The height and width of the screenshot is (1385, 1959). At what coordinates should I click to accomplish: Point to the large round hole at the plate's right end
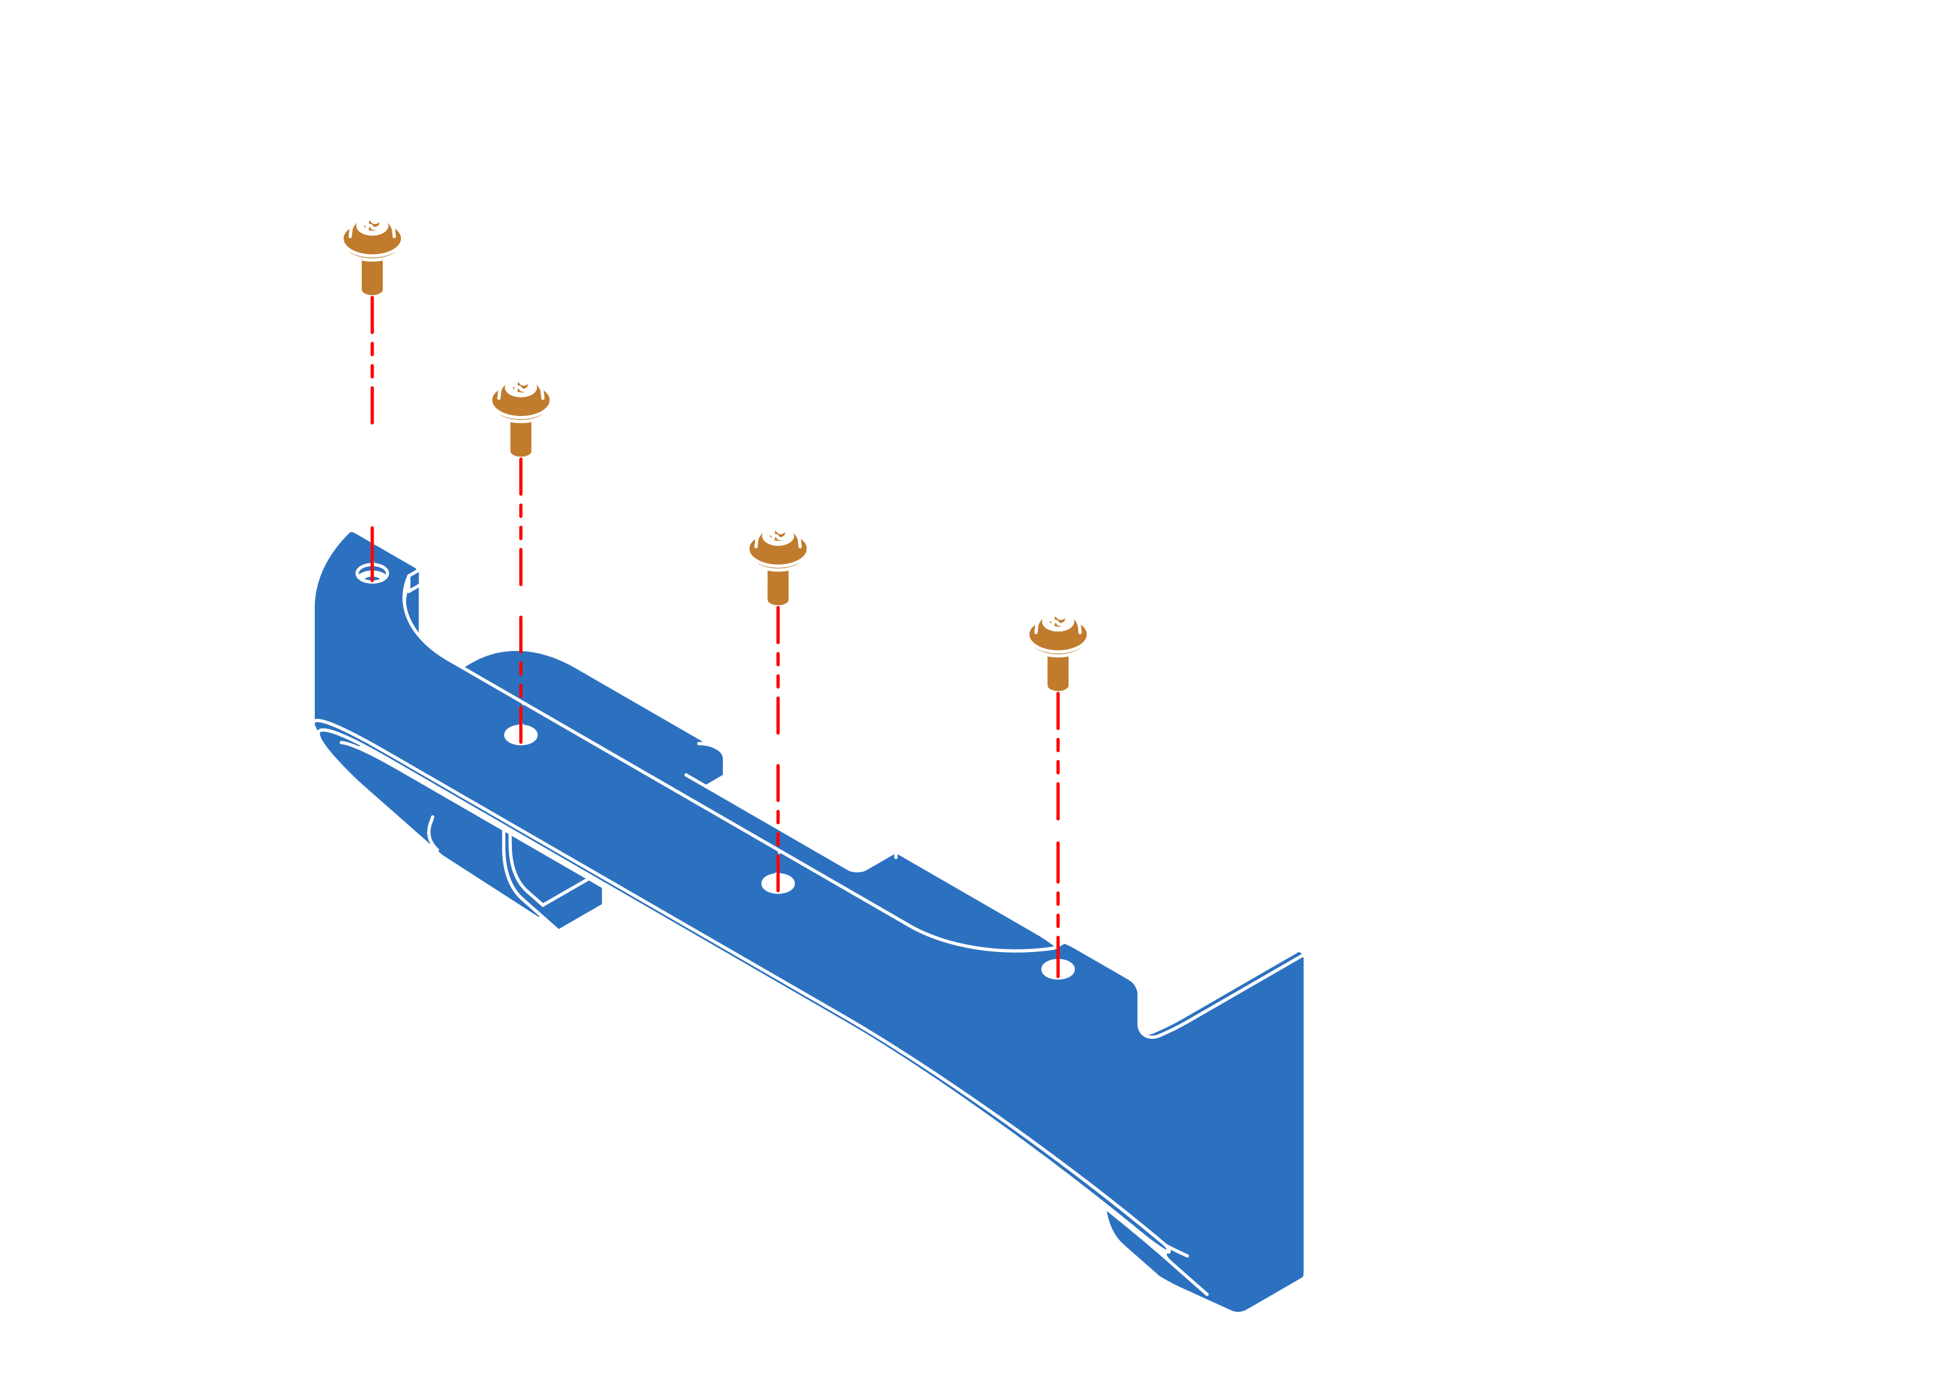click(1446, 468)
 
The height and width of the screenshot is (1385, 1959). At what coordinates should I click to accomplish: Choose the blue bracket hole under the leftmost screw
click(372, 573)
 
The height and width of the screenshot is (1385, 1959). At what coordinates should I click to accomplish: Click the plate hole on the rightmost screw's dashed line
click(1057, 810)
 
